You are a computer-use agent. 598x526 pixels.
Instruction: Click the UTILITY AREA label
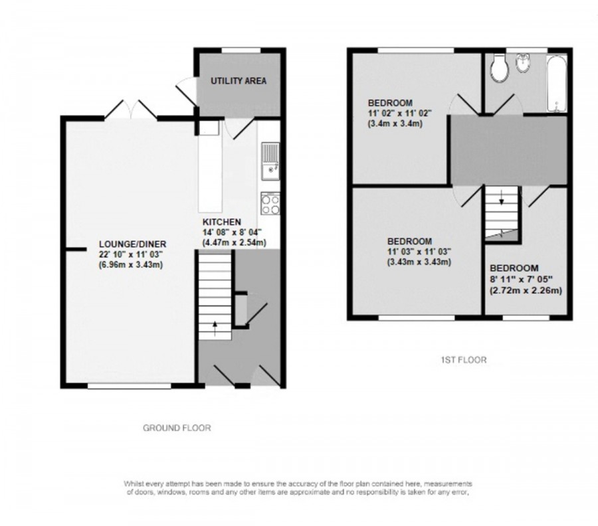click(239, 81)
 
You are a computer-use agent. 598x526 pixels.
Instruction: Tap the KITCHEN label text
click(222, 222)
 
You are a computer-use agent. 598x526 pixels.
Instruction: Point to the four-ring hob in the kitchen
click(270, 203)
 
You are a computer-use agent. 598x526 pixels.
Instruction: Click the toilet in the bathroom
click(498, 66)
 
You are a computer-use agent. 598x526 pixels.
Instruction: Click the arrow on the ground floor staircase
click(215, 325)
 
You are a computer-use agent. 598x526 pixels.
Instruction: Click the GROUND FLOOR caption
click(177, 428)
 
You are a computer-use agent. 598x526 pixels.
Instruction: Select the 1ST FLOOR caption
click(463, 360)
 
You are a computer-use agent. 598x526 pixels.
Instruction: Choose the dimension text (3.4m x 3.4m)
click(397, 124)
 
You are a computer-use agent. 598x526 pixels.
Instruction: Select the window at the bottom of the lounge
click(130, 385)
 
